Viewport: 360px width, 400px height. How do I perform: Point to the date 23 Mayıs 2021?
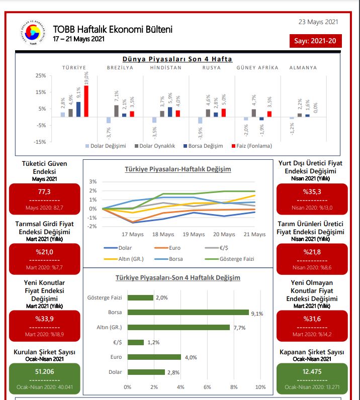(x=318, y=22)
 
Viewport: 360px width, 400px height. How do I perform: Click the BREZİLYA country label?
(x=120, y=67)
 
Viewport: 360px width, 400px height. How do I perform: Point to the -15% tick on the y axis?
(x=40, y=141)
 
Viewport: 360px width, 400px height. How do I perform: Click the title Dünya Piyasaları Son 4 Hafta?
(x=177, y=59)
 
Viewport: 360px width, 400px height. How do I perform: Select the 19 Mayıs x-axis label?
(x=194, y=234)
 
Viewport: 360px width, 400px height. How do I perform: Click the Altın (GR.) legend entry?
(x=130, y=259)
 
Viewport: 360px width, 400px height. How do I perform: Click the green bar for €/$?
(x=135, y=342)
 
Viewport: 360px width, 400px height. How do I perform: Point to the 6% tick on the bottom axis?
(x=207, y=387)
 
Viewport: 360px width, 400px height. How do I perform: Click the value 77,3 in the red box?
(x=44, y=191)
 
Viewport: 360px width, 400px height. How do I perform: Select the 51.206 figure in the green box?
(x=44, y=371)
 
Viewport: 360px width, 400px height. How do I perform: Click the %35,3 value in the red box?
(x=312, y=191)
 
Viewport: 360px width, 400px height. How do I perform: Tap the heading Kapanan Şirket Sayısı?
(x=312, y=352)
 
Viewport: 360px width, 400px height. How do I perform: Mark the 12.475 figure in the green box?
(x=312, y=371)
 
